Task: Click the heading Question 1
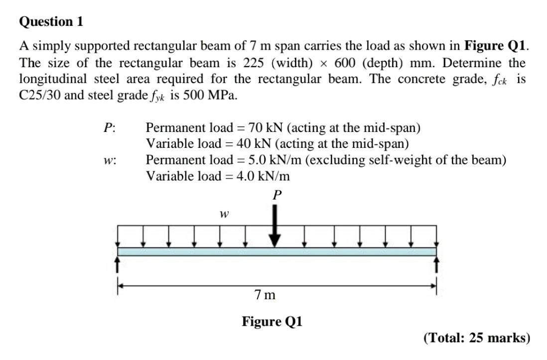click(x=51, y=22)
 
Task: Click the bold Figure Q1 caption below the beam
click(x=272, y=321)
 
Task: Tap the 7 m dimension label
click(x=265, y=295)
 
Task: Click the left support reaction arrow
click(x=118, y=264)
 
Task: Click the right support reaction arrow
click(x=437, y=264)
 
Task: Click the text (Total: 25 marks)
click(x=476, y=338)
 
